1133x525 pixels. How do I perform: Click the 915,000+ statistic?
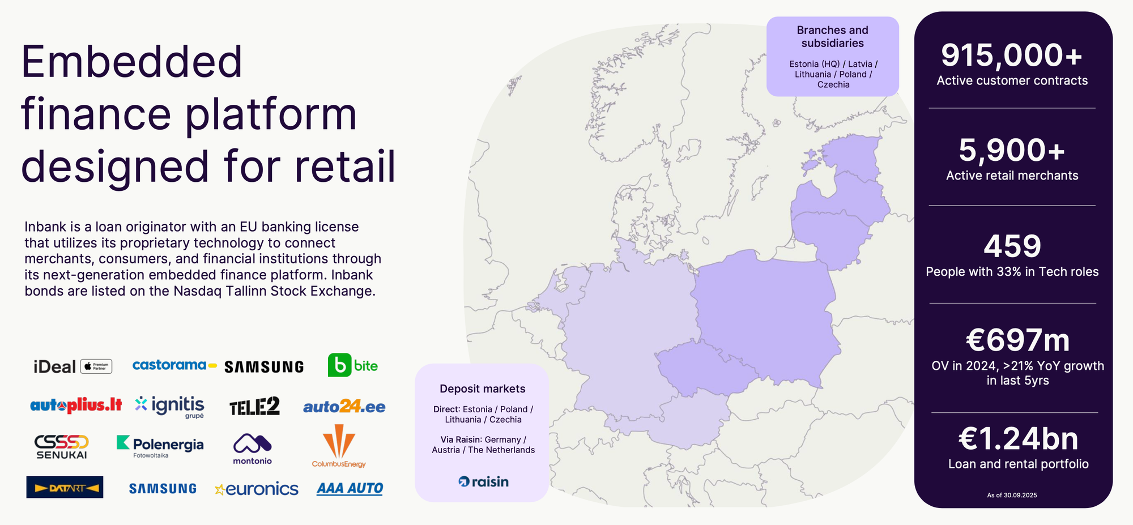[x=1012, y=56]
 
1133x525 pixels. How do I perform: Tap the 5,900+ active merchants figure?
[x=1012, y=151]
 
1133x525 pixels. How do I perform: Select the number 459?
[x=1012, y=246]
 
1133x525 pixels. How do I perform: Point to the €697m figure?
[x=1017, y=340]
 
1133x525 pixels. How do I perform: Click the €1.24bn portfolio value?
[x=1018, y=439]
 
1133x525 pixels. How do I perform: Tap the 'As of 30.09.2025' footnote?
[x=1012, y=495]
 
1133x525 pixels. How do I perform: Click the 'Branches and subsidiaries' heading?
[x=832, y=37]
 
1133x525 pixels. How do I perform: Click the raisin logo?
[x=483, y=482]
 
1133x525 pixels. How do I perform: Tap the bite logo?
[x=353, y=365]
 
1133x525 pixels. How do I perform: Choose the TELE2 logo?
[x=254, y=406]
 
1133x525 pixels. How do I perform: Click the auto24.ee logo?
[x=344, y=406]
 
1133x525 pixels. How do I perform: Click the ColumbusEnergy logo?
[x=339, y=446]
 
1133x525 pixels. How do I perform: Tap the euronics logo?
[x=257, y=489]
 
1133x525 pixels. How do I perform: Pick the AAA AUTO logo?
[x=350, y=489]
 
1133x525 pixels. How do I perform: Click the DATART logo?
[x=65, y=487]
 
